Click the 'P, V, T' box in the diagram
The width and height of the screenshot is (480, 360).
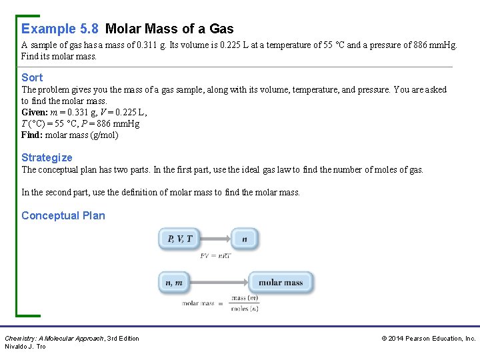tap(181, 239)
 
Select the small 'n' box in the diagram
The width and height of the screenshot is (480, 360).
tap(245, 239)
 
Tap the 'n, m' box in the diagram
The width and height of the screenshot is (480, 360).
tap(174, 282)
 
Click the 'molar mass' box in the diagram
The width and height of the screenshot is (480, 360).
tap(280, 282)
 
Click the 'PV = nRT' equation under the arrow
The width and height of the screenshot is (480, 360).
tap(215, 255)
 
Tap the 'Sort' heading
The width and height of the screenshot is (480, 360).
tap(32, 77)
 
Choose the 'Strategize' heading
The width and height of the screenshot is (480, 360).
tap(47, 157)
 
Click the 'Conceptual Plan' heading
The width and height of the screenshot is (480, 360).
tap(63, 215)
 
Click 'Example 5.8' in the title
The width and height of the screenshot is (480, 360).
tap(60, 29)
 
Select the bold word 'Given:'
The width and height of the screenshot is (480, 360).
tap(35, 112)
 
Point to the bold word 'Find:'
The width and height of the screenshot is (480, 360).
tap(32, 135)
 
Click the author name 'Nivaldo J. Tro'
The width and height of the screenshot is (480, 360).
tap(25, 347)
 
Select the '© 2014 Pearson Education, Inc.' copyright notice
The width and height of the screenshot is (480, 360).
tap(429, 339)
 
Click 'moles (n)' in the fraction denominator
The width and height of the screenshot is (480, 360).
tap(245, 309)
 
